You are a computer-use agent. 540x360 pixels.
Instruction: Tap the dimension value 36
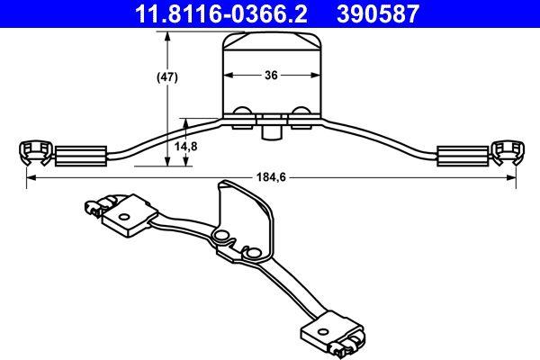[x=269, y=76]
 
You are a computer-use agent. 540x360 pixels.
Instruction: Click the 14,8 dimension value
[x=185, y=146]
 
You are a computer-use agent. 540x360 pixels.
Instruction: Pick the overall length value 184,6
[x=269, y=178]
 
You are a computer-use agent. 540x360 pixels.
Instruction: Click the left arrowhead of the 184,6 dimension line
[x=30, y=178]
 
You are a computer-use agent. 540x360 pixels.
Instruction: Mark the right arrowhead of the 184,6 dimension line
[x=512, y=178]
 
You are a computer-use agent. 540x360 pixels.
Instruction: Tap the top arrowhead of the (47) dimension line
[x=166, y=34]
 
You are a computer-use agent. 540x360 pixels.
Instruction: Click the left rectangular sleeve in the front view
[x=82, y=155]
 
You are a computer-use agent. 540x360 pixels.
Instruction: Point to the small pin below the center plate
[x=269, y=133]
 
